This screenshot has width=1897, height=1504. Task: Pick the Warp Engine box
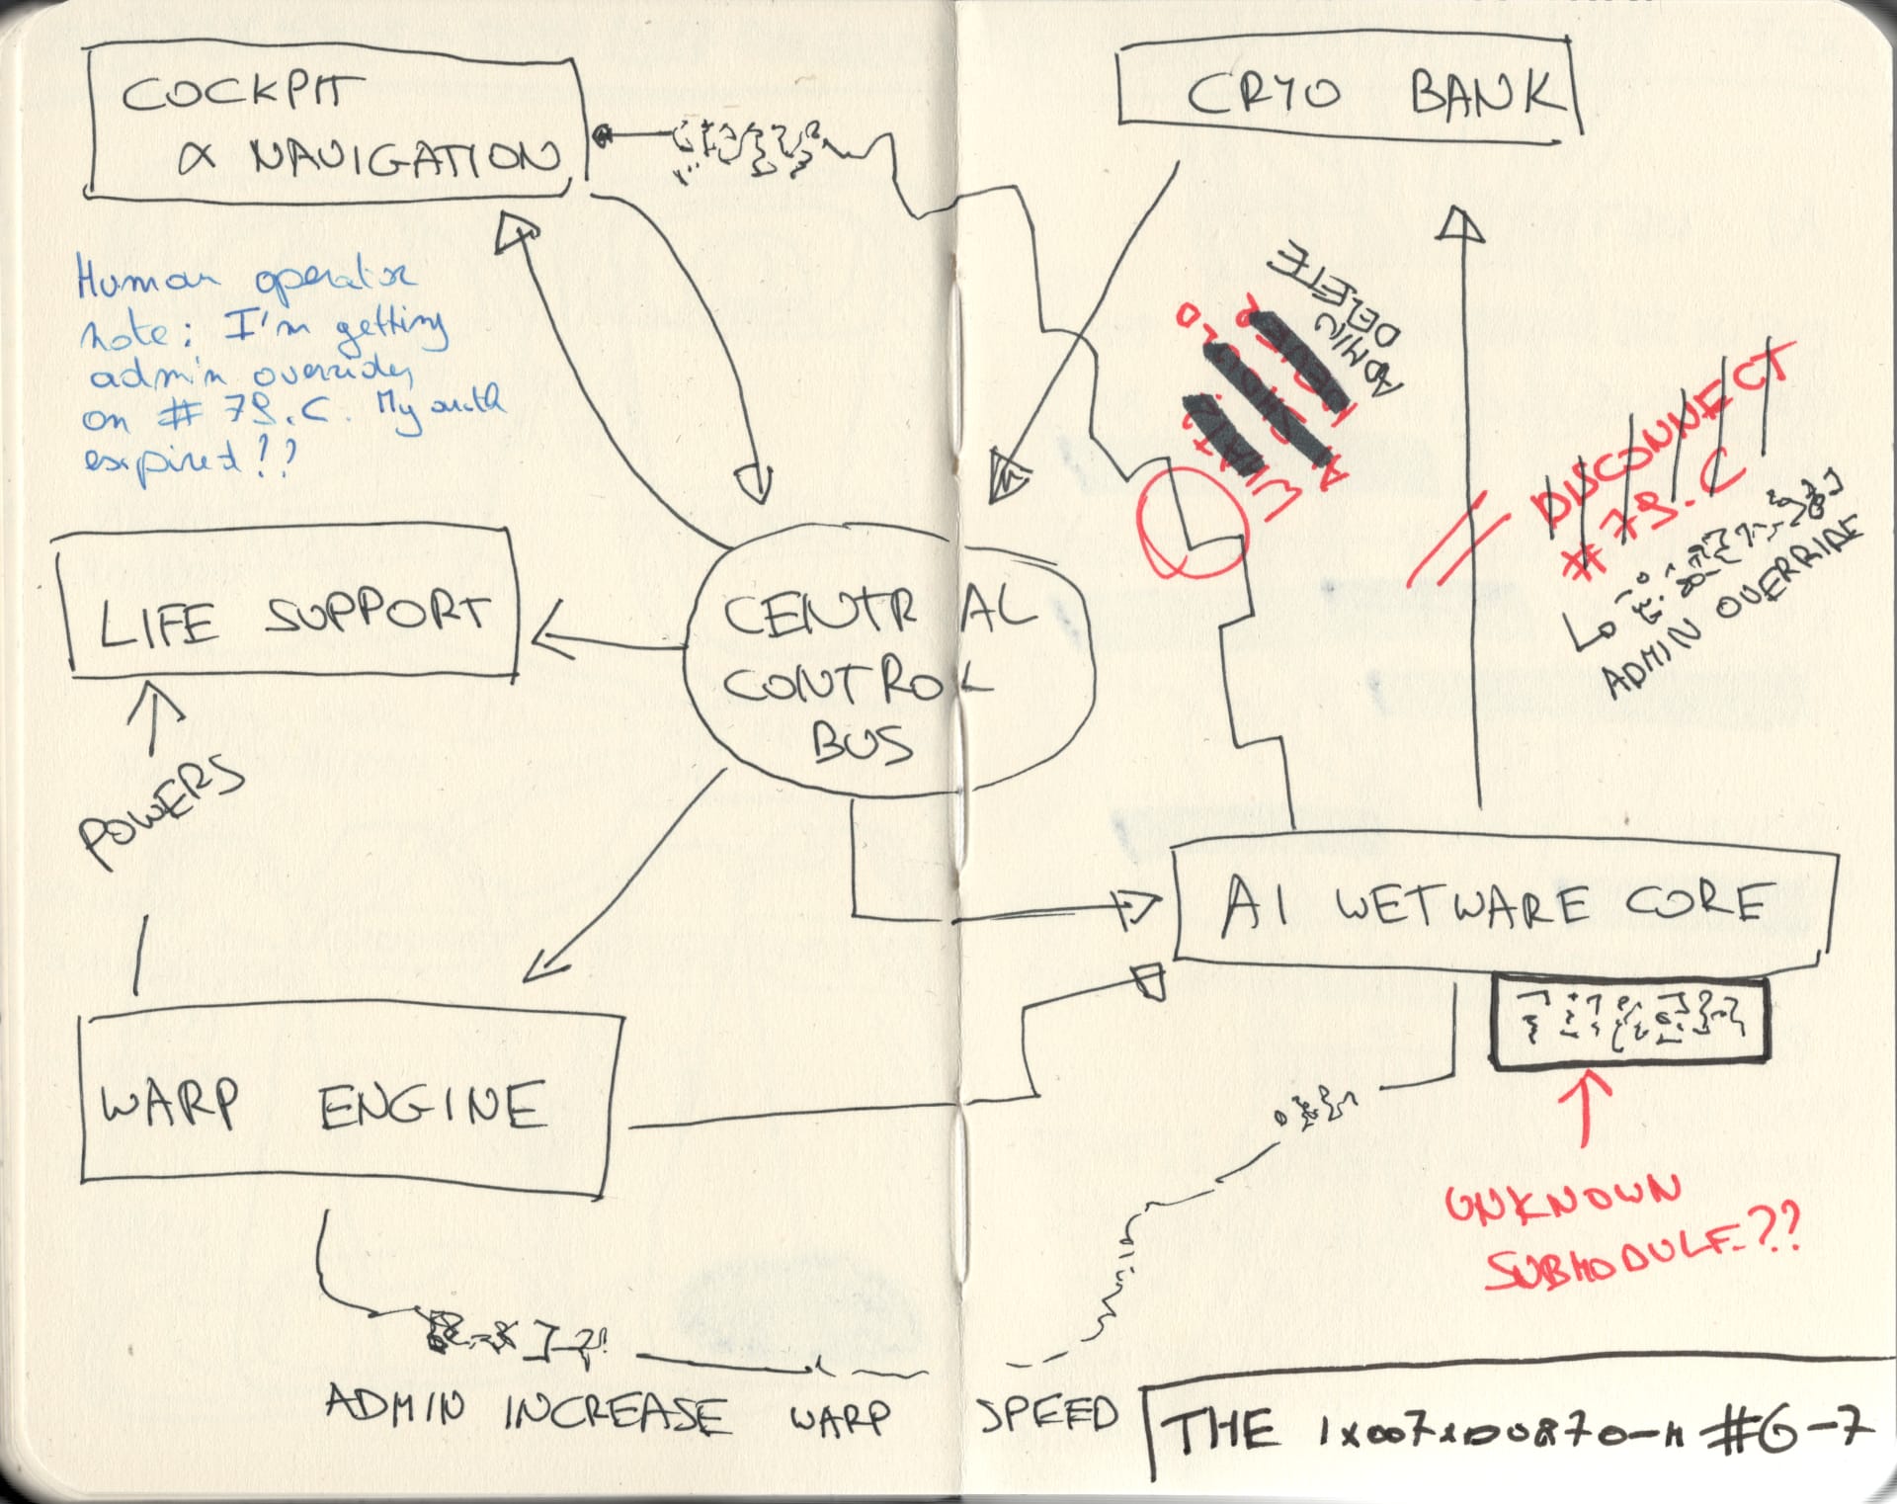(346, 1102)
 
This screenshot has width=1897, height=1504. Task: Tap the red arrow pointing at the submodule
(1587, 1107)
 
